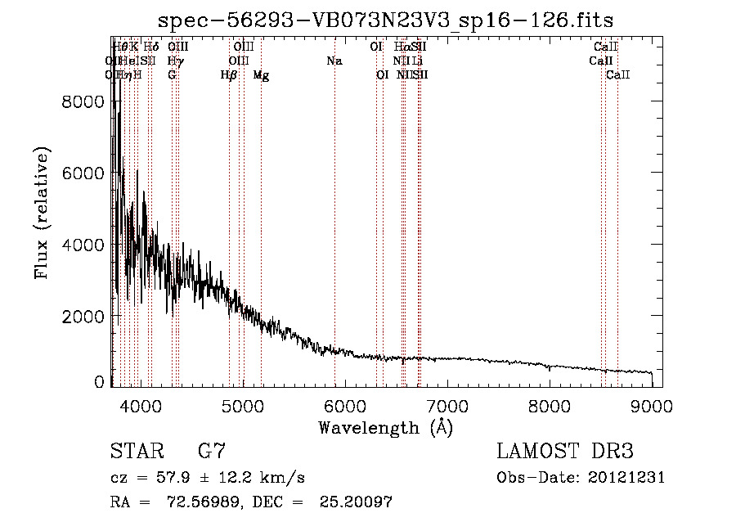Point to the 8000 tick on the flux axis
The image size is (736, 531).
84,101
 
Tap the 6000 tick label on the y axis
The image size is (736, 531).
84,173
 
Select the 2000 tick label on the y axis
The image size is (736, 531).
84,317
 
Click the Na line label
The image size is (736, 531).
334,61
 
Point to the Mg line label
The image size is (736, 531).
261,75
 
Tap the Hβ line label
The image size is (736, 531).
229,74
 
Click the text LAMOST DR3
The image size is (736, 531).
565,452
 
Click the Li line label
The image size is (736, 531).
418,61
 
